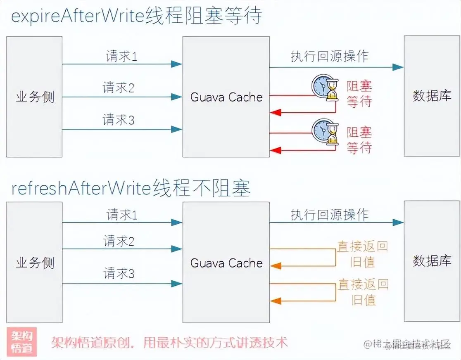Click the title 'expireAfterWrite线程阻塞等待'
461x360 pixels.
[x=136, y=17]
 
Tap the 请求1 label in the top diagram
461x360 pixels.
[x=121, y=56]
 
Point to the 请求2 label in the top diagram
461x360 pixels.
[x=119, y=88]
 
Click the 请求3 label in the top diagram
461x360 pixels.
[x=119, y=120]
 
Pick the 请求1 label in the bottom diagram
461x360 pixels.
[x=122, y=215]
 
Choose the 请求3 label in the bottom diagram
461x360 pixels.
[x=119, y=273]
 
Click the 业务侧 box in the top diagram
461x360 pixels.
[x=34, y=97]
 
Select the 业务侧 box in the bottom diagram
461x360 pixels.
[x=34, y=262]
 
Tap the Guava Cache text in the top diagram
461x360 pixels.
[x=226, y=97]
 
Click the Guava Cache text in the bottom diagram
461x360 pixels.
[x=226, y=263]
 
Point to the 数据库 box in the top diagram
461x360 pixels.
[x=432, y=96]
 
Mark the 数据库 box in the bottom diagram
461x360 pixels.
[x=432, y=261]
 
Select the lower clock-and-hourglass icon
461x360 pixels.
[x=325, y=133]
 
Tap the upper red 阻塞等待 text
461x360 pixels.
[x=359, y=94]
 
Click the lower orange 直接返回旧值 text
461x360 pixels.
[x=363, y=291]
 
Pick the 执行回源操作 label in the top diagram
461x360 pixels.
[x=329, y=56]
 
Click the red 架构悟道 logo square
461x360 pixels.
[x=22, y=342]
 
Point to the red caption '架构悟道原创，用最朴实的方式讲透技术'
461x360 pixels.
[x=169, y=343]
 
